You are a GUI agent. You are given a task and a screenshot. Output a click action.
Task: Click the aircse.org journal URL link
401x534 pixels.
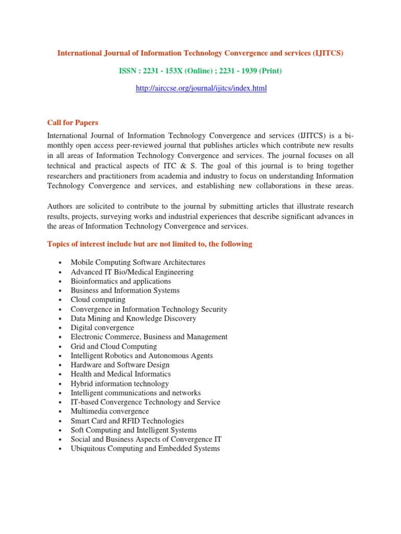tap(201, 89)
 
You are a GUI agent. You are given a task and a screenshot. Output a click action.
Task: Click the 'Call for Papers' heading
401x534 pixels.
tap(73, 123)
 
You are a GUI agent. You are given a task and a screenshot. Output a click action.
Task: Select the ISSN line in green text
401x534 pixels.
tap(201, 71)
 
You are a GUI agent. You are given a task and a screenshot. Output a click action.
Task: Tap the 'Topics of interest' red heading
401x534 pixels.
tap(150, 244)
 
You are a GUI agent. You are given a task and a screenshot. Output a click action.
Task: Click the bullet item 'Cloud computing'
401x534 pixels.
tap(98, 300)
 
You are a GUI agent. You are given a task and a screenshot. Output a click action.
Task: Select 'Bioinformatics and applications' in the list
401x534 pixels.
tap(121, 281)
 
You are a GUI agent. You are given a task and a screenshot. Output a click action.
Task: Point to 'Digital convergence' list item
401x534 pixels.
tap(102, 328)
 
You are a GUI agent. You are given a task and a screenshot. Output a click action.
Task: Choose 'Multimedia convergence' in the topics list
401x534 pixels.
tap(110, 411)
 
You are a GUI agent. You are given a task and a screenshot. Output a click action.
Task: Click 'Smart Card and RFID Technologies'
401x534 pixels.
tap(127, 421)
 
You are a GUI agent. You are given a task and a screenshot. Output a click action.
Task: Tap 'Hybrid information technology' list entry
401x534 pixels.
tap(120, 384)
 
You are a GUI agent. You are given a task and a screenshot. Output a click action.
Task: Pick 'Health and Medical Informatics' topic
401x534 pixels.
tap(121, 374)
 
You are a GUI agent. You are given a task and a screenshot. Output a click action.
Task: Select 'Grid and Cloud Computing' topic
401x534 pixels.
tap(114, 347)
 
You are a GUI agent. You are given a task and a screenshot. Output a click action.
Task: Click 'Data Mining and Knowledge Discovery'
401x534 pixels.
tap(134, 319)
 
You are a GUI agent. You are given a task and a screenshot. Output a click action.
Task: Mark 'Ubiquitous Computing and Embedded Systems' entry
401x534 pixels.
tap(145, 449)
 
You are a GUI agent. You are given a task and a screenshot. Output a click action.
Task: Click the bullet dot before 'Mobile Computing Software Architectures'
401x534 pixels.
tap(61, 263)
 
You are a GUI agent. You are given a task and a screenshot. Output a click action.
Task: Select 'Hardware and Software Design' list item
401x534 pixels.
tap(121, 365)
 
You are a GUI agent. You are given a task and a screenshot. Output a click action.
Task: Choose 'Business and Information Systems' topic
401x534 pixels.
tap(125, 290)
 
